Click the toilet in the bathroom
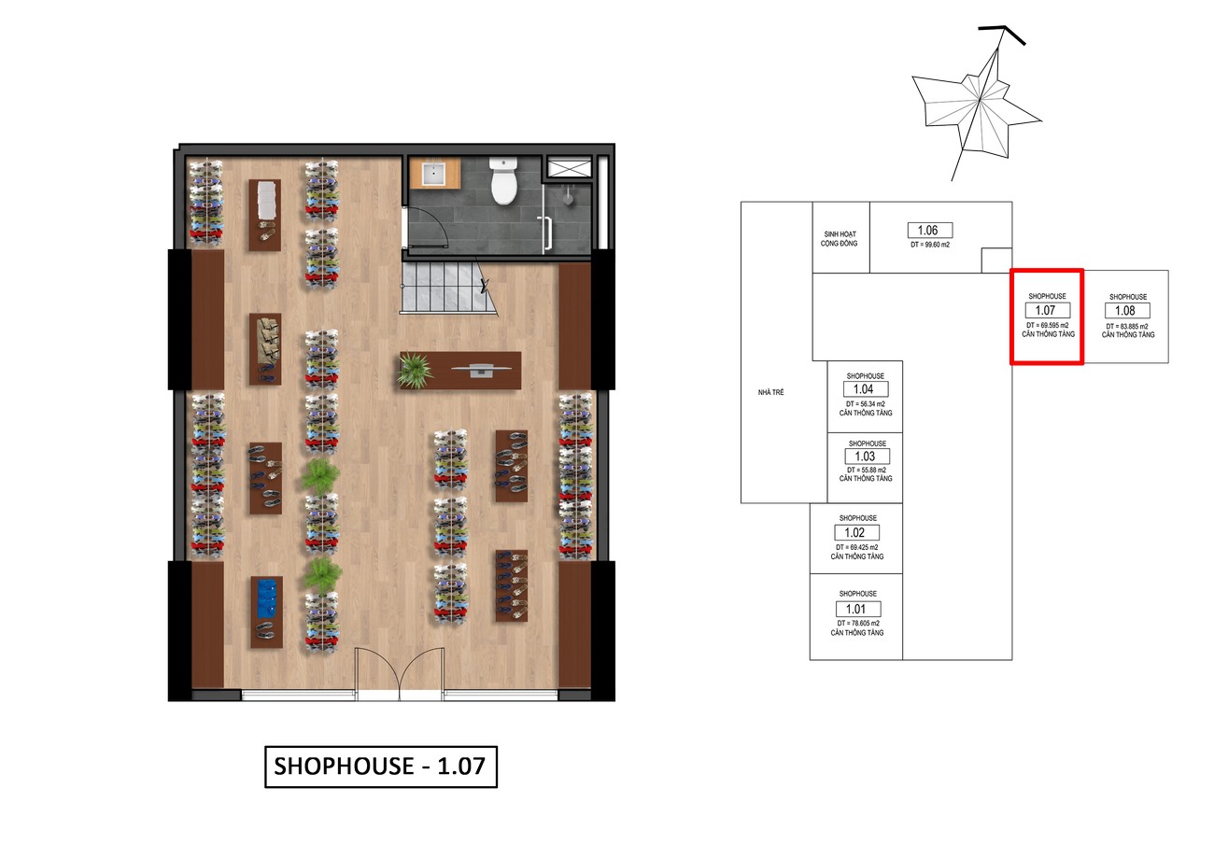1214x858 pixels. click(504, 181)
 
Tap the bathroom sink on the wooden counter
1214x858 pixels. click(434, 173)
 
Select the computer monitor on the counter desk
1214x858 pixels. click(481, 370)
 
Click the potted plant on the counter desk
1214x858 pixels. click(416, 371)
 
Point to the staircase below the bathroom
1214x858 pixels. click(448, 288)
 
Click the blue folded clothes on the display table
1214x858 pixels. click(267, 598)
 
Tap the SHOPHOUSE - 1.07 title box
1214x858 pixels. click(380, 767)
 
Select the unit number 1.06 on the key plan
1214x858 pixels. click(930, 231)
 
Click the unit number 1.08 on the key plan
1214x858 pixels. click(1127, 310)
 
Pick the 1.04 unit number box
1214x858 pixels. click(866, 389)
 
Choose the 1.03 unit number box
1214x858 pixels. click(868, 457)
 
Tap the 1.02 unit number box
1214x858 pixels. click(857, 532)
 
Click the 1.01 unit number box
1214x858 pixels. click(858, 609)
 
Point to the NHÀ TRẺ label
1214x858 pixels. click(770, 392)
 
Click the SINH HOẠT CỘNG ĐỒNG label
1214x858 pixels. click(840, 239)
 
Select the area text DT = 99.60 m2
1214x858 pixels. click(930, 245)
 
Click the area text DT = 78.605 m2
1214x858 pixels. click(858, 624)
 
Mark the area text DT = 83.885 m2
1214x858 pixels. click(1127, 327)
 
